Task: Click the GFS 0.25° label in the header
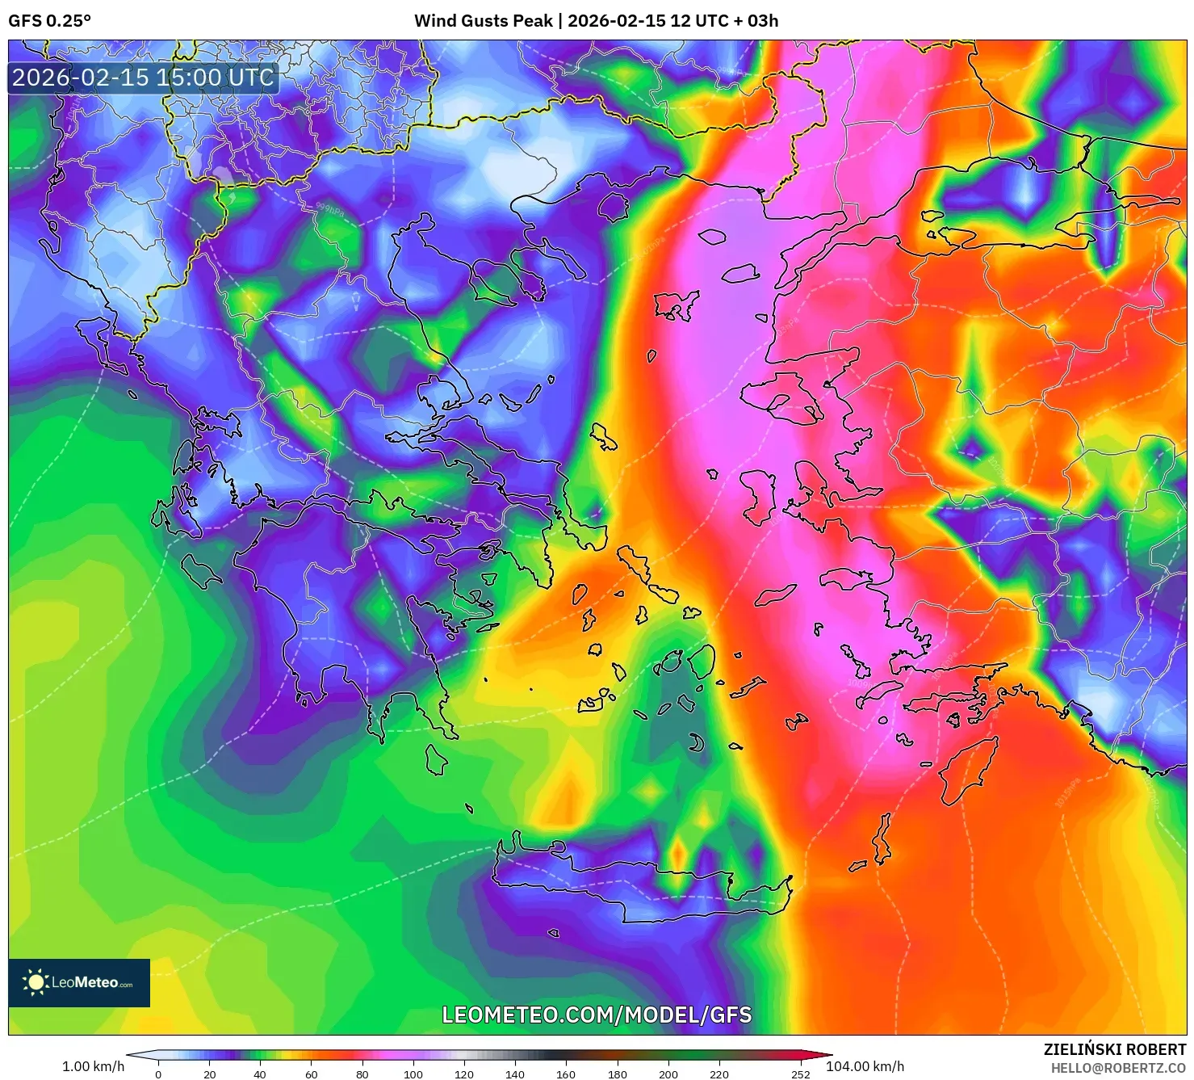point(49,21)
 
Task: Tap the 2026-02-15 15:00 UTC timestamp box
point(143,78)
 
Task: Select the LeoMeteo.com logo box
point(79,982)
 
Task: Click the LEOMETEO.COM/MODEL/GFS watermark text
point(597,1015)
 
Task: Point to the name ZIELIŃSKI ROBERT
point(1114,1049)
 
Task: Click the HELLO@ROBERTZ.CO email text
point(1118,1068)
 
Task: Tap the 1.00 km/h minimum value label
point(93,1066)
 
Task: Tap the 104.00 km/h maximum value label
point(865,1066)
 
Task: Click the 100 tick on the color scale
point(413,1074)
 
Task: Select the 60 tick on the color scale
point(311,1074)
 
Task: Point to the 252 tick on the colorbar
point(800,1074)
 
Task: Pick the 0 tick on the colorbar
point(158,1074)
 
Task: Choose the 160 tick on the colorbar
point(566,1074)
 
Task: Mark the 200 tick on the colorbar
point(668,1074)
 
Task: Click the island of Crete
point(638,889)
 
